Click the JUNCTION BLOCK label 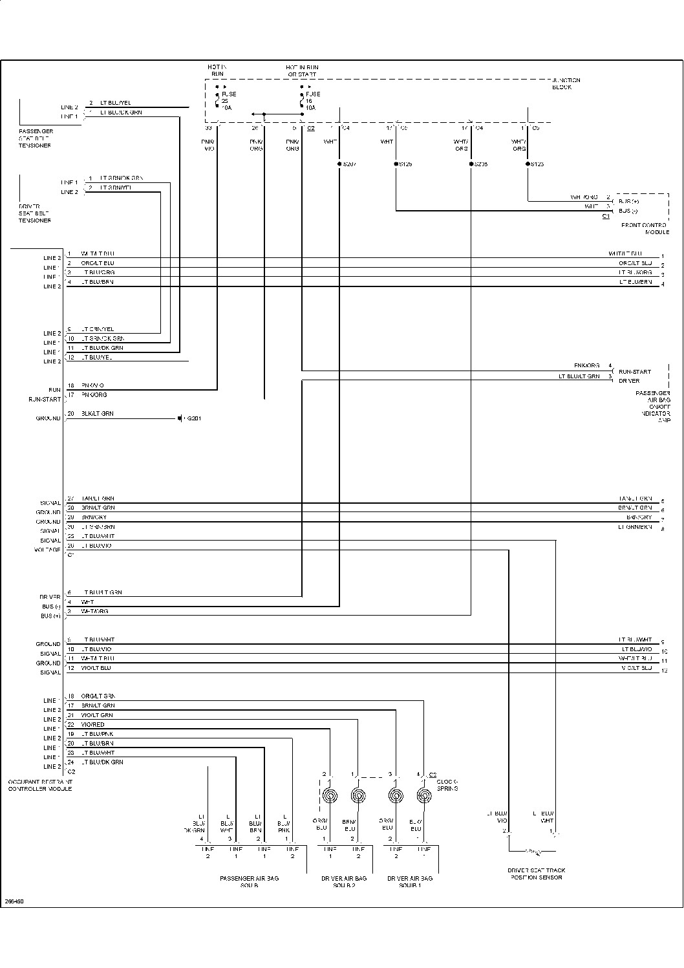[x=566, y=83]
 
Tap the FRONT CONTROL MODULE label [x=645, y=228]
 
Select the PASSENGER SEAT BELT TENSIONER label [x=35, y=138]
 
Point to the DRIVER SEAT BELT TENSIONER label [x=35, y=213]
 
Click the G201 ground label [x=194, y=418]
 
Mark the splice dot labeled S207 [x=339, y=164]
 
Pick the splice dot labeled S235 [x=471, y=164]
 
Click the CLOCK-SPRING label [x=447, y=785]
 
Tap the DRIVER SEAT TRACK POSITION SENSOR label [x=536, y=874]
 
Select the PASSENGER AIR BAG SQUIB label [x=249, y=881]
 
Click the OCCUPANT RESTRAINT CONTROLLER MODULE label [x=39, y=785]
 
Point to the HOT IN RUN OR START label [x=303, y=70]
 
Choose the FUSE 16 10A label [x=312, y=101]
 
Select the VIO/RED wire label [x=92, y=724]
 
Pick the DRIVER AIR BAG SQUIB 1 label [x=410, y=881]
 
